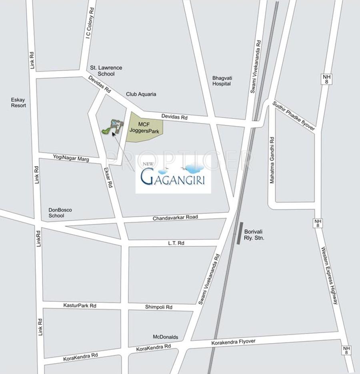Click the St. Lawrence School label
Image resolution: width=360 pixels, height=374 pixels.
pyautogui.click(x=106, y=71)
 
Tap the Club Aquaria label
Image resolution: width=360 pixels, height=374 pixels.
pyautogui.click(x=141, y=94)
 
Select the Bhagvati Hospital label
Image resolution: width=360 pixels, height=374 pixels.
pyautogui.click(x=222, y=81)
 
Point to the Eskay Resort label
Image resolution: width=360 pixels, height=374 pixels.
pyautogui.click(x=18, y=103)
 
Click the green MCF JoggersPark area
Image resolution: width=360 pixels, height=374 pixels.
pyautogui.click(x=144, y=127)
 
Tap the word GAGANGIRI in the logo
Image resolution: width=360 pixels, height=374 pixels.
pyautogui.click(x=173, y=178)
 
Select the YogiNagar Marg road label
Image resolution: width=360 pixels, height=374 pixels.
pyautogui.click(x=71, y=158)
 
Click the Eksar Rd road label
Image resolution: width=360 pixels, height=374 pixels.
pyautogui.click(x=108, y=177)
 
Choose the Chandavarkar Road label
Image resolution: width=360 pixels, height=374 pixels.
pyautogui.click(x=175, y=217)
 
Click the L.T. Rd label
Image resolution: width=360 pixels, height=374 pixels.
pyautogui.click(x=176, y=243)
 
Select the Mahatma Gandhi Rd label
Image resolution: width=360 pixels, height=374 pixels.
pyautogui.click(x=272, y=160)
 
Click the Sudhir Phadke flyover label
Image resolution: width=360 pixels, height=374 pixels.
pyautogui.click(x=294, y=115)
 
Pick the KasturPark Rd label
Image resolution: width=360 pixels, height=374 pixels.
pyautogui.click(x=80, y=306)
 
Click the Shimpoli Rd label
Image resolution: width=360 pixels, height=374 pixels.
pyautogui.click(x=158, y=307)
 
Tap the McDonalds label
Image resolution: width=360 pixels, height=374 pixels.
pyautogui.click(x=165, y=337)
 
